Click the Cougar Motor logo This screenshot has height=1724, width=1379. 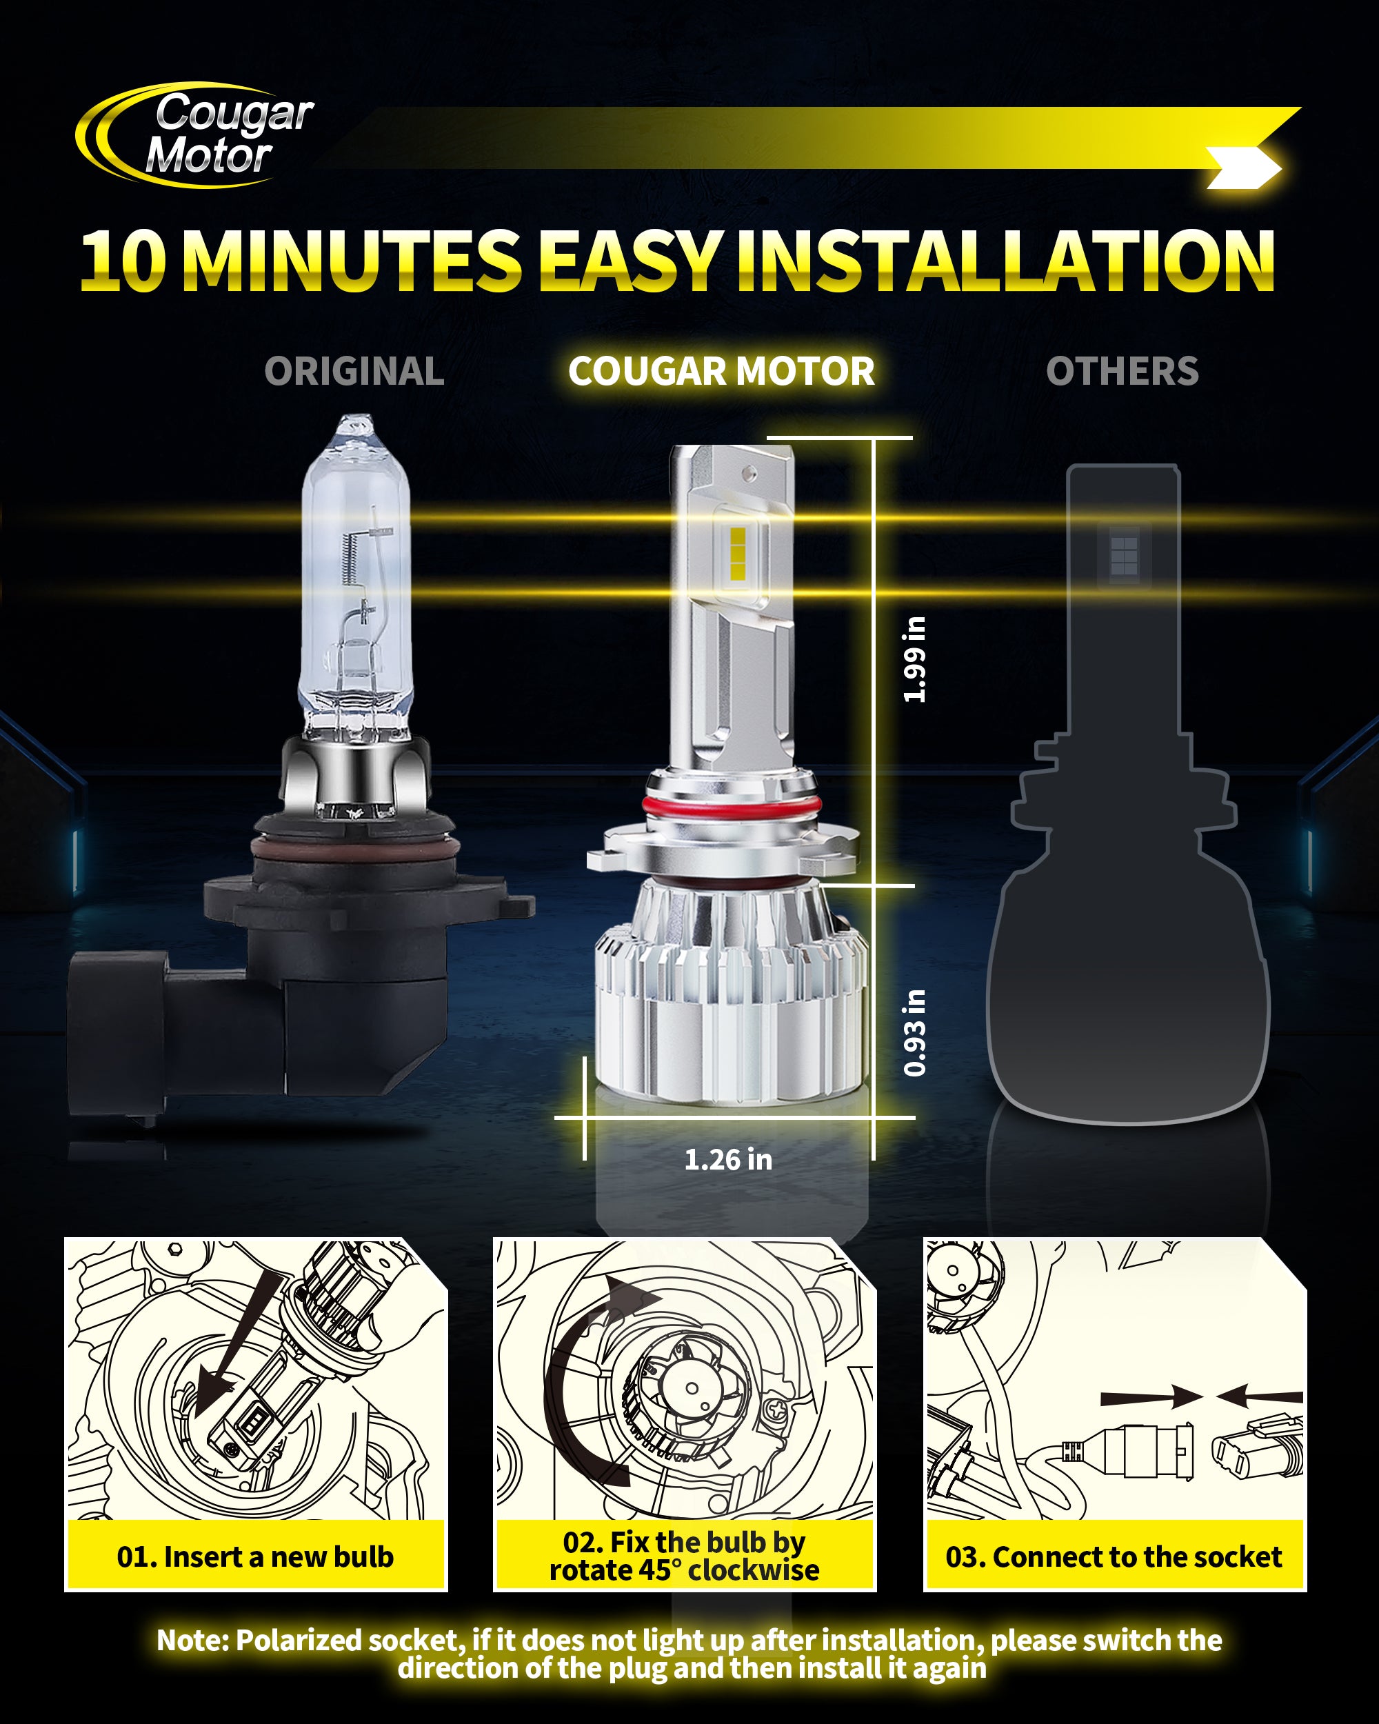[x=195, y=134]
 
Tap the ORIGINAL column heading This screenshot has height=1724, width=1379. [x=354, y=371]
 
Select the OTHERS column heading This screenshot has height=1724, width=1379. [x=1123, y=371]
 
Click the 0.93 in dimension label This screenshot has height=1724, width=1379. [x=914, y=1032]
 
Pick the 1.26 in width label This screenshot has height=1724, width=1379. [x=728, y=1159]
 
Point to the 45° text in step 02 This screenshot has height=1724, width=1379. [x=654, y=1570]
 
